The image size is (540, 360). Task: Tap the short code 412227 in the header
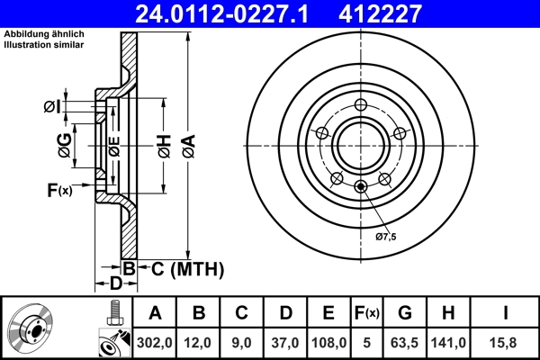(x=405, y=13)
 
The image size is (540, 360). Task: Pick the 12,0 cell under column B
(x=199, y=342)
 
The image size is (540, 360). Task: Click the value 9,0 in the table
(x=242, y=342)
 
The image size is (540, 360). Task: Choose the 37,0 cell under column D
(x=285, y=342)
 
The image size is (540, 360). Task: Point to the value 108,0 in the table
(x=328, y=342)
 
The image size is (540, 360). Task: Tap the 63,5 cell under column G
(x=406, y=342)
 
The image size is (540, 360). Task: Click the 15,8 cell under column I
(x=506, y=342)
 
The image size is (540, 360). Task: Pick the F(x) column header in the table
(x=367, y=313)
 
